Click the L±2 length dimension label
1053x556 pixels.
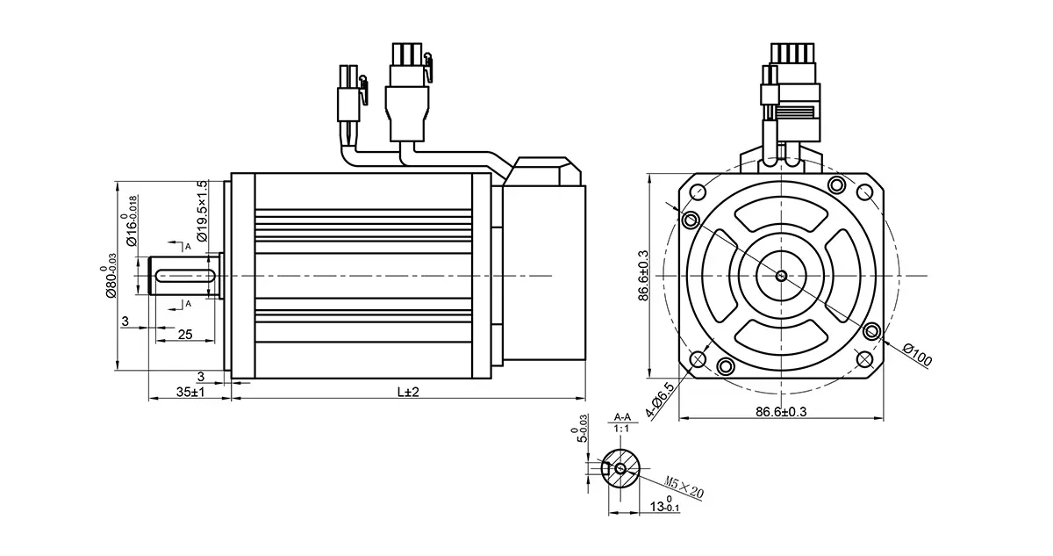click(408, 392)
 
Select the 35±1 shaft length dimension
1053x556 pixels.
click(190, 392)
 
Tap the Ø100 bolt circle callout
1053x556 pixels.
click(918, 356)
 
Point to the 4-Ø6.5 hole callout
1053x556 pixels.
click(659, 401)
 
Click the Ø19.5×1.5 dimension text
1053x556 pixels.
click(201, 212)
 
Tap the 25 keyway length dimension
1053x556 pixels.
click(185, 335)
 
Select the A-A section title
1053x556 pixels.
click(623, 415)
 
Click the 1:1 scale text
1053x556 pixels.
click(623, 428)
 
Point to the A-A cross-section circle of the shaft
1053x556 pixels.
click(621, 468)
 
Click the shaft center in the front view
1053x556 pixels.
click(782, 275)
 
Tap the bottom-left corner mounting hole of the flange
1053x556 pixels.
click(699, 358)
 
